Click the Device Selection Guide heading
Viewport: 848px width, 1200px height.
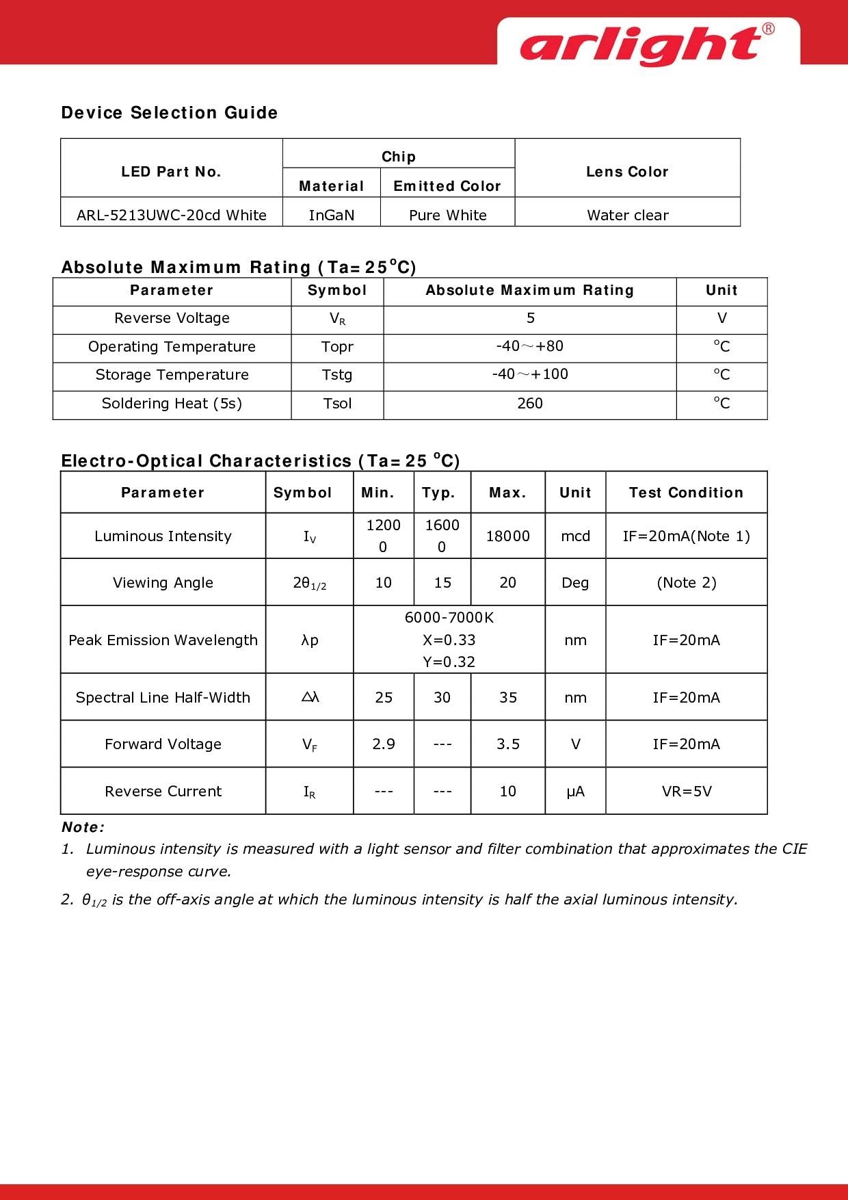pyautogui.click(x=170, y=113)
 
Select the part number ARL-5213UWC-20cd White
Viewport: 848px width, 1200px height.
pyautogui.click(x=172, y=215)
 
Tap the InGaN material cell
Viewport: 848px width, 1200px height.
pyautogui.click(x=332, y=215)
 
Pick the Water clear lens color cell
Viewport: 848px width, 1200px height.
pyautogui.click(x=627, y=215)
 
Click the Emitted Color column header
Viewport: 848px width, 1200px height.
pyautogui.click(x=447, y=186)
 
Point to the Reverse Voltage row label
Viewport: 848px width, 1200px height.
pyautogui.click(x=172, y=318)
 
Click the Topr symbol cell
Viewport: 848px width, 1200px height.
pyautogui.click(x=337, y=347)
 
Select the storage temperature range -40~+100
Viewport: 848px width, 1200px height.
pyautogui.click(x=530, y=374)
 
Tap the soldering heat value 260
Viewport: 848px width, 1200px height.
pyautogui.click(x=530, y=404)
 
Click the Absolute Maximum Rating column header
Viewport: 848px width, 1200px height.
pyautogui.click(x=530, y=290)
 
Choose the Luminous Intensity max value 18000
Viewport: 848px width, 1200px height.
pyautogui.click(x=507, y=536)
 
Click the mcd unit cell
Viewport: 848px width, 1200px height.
pyautogui.click(x=575, y=536)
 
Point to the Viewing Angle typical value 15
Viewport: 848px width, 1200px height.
pyautogui.click(x=442, y=583)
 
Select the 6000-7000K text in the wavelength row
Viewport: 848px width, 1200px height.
pyautogui.click(x=449, y=618)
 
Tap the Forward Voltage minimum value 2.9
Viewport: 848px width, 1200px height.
pyautogui.click(x=384, y=744)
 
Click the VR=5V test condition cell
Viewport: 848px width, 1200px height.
pyautogui.click(x=687, y=792)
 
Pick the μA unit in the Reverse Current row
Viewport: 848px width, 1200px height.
pyautogui.click(x=575, y=792)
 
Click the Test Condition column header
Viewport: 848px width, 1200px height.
pyautogui.click(x=686, y=493)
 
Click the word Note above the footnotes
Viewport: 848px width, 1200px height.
pyautogui.click(x=82, y=827)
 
